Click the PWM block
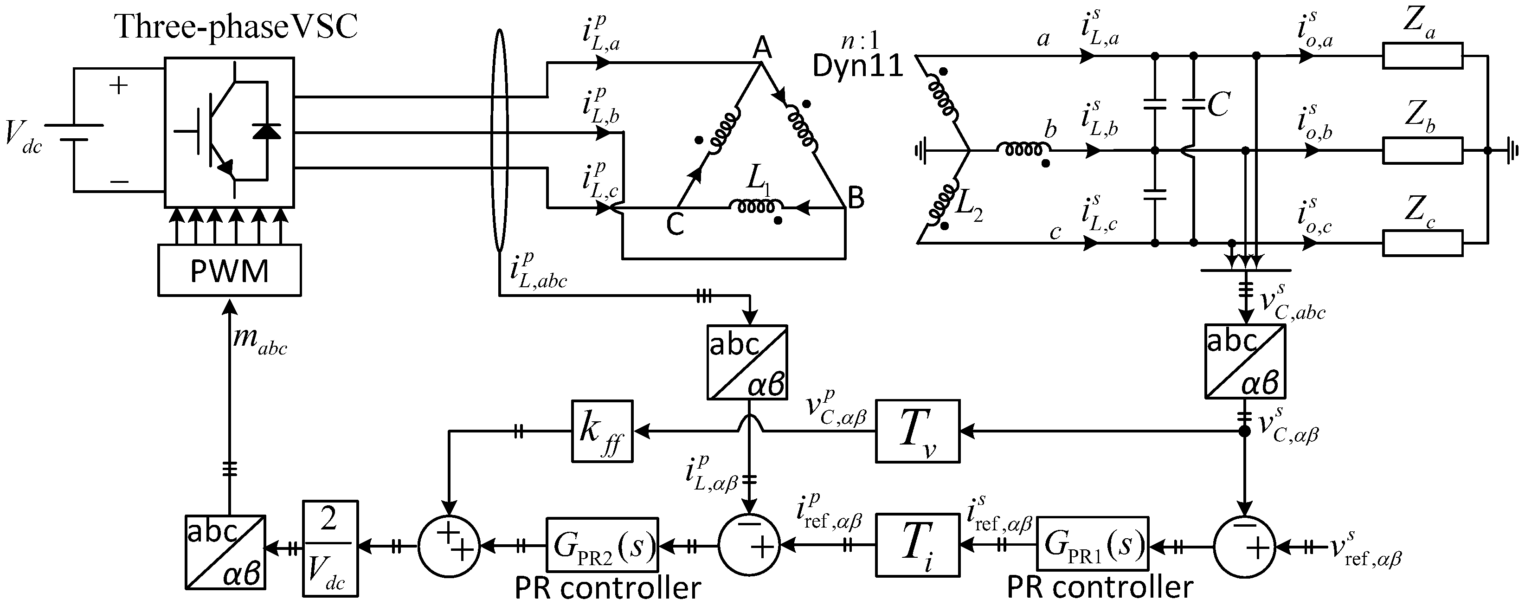[x=229, y=271]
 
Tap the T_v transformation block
[x=917, y=432]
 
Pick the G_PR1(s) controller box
[x=1092, y=544]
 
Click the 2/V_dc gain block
[x=330, y=548]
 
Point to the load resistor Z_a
[x=1422, y=56]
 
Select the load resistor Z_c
[x=1422, y=243]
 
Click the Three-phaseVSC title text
[x=236, y=26]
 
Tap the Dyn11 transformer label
[x=858, y=66]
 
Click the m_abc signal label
[x=260, y=342]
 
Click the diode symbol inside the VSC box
[x=266, y=131]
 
